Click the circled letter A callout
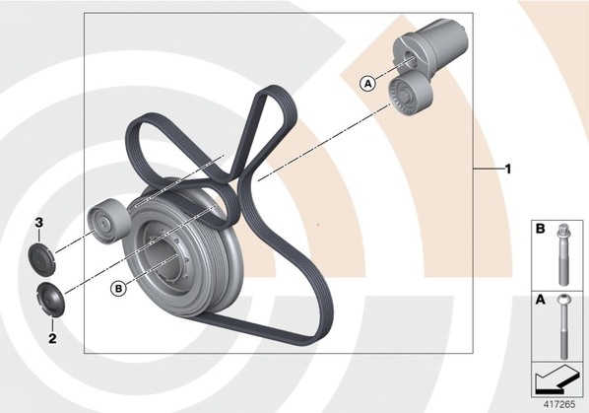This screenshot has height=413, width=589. point(368,83)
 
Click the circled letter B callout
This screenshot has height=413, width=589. point(119,289)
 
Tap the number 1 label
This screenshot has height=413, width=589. point(508,170)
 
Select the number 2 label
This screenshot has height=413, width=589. point(52,338)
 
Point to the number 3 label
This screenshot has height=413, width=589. point(39,223)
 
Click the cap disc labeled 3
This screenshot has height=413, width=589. point(42,258)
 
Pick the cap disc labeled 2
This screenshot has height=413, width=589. point(51,299)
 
